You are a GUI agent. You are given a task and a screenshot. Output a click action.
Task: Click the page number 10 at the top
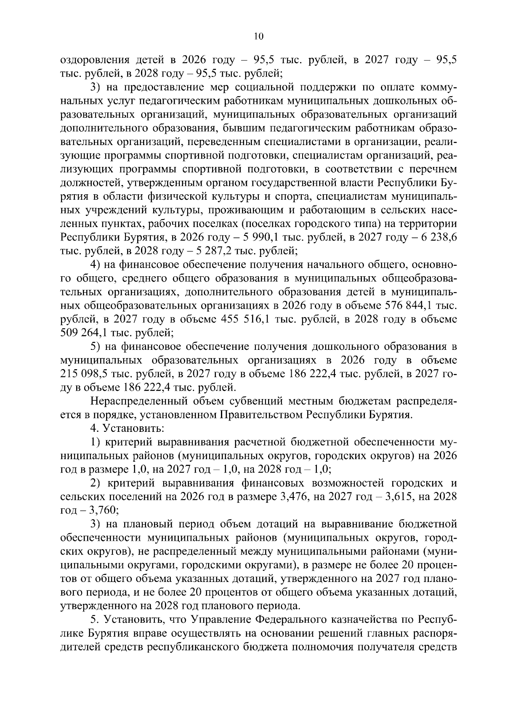(x=258, y=37)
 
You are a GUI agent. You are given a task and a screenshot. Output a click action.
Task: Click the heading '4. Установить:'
(x=127, y=429)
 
